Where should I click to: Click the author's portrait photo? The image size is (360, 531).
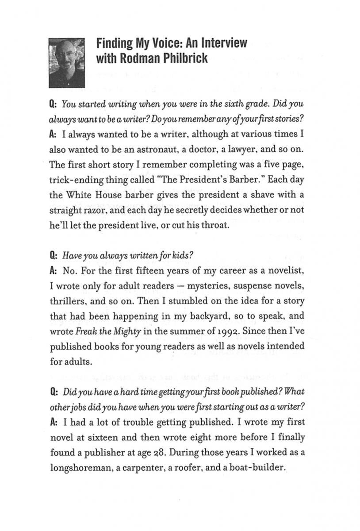[66, 62]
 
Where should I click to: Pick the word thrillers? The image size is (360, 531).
[68, 301]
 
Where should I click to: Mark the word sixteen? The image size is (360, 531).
[93, 437]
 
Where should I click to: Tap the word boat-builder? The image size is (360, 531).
[251, 467]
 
